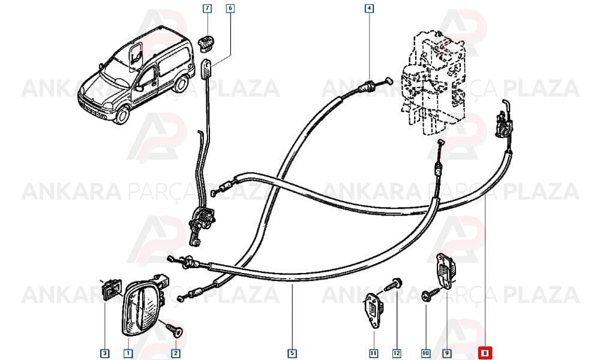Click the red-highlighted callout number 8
[x=485, y=353]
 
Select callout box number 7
[x=207, y=8]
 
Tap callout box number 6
[x=230, y=8]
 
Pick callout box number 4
[x=369, y=8]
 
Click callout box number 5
[x=292, y=353]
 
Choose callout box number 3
[x=104, y=353]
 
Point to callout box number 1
[x=128, y=353]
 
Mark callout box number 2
[x=176, y=353]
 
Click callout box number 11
[x=373, y=353]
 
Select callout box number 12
[x=397, y=353]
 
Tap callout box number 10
[x=425, y=353]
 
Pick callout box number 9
[x=446, y=353]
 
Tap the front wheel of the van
[x=122, y=115]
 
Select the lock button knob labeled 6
[x=206, y=69]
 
